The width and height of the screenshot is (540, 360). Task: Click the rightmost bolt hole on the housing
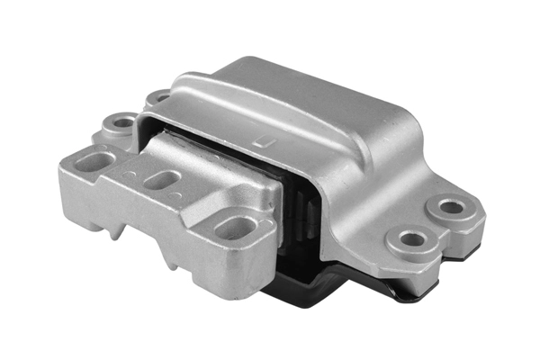tap(453, 208)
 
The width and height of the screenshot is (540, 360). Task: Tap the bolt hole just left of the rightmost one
tap(412, 239)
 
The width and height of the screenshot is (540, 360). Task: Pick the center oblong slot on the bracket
tap(160, 178)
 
